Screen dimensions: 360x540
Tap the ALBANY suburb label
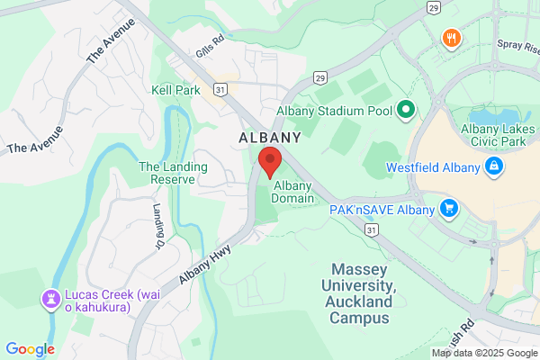[270, 138]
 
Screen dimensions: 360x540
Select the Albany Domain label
[292, 192]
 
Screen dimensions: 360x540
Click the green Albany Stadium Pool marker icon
[405, 111]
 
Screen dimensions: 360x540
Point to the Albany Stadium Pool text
[336, 111]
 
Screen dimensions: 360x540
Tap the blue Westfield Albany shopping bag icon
[493, 166]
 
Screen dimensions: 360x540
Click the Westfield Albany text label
[435, 166]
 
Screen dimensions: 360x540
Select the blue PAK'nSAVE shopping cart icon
[450, 210]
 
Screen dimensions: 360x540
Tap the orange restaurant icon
[449, 38]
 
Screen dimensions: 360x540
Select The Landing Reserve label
[173, 173]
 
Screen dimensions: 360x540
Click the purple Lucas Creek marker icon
[51, 296]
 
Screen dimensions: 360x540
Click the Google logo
[30, 349]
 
